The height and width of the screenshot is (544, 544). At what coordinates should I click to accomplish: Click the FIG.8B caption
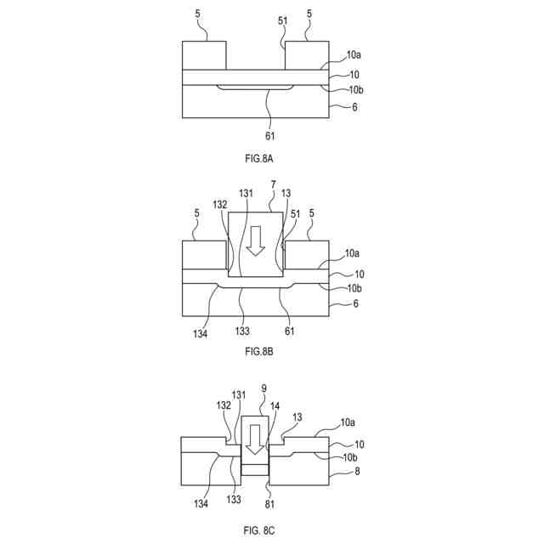(x=258, y=350)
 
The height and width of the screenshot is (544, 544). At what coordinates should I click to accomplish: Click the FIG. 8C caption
(x=258, y=530)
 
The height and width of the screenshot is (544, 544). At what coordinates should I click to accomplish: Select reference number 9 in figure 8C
(x=264, y=388)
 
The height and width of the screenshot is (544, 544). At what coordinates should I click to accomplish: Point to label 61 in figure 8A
(x=270, y=134)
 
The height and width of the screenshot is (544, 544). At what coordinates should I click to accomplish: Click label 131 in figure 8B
(x=245, y=195)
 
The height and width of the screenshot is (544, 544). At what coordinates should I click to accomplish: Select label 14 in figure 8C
(x=275, y=406)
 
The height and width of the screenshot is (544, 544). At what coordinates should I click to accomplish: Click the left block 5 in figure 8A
(x=204, y=55)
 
